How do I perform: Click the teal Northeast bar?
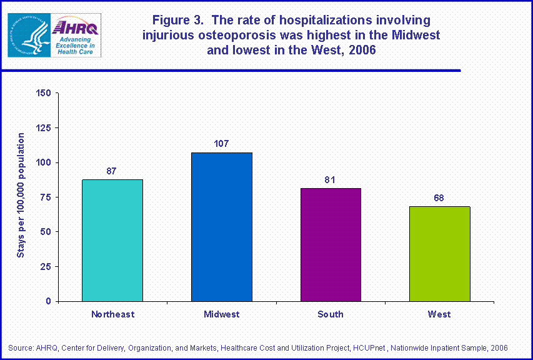click(x=112, y=240)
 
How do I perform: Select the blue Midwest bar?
click(x=221, y=227)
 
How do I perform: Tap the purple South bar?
click(x=330, y=244)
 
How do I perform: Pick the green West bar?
click(x=439, y=254)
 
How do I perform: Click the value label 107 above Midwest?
click(x=221, y=144)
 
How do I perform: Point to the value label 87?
click(x=112, y=171)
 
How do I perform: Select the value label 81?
click(x=330, y=180)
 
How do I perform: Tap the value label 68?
click(x=439, y=197)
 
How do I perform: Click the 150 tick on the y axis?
click(x=43, y=93)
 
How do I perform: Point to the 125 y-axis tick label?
click(x=43, y=128)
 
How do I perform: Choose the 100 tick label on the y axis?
click(x=43, y=162)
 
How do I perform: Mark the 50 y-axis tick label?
click(x=46, y=232)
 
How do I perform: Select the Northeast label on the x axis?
click(x=112, y=314)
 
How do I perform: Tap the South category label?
click(x=330, y=314)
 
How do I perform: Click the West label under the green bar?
click(x=439, y=314)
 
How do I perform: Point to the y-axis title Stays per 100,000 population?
click(x=21, y=196)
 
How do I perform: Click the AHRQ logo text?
click(x=74, y=27)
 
